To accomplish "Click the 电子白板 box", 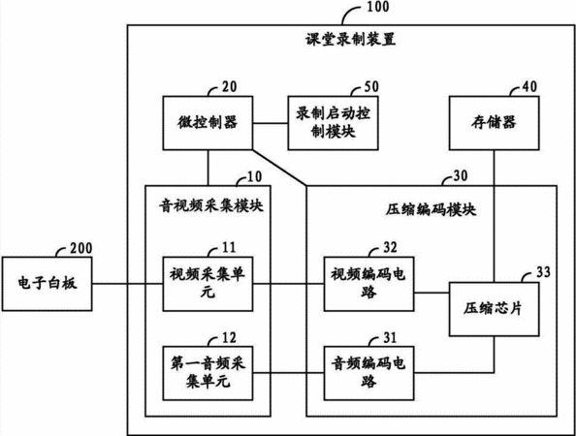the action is [47, 284].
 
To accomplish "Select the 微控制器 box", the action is [208, 123].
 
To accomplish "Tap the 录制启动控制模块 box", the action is [333, 123].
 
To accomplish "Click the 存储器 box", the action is [495, 123].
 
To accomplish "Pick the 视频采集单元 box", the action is [208, 284].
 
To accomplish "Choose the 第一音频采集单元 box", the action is [208, 373].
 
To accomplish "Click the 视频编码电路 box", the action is [368, 284].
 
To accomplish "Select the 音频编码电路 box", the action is [368, 373].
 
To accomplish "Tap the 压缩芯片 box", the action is [495, 309].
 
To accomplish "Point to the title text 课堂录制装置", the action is [351, 40].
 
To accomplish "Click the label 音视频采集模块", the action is [211, 205].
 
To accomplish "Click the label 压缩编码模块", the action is [431, 209].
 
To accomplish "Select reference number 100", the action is [378, 7].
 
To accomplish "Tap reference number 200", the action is [81, 248].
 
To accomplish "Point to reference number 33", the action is [543, 272].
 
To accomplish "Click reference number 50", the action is [371, 86].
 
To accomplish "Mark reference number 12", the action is [229, 337].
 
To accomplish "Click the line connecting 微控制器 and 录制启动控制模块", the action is [271, 123].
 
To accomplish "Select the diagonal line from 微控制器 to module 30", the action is [279, 168].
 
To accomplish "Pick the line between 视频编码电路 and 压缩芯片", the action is [432, 293].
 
